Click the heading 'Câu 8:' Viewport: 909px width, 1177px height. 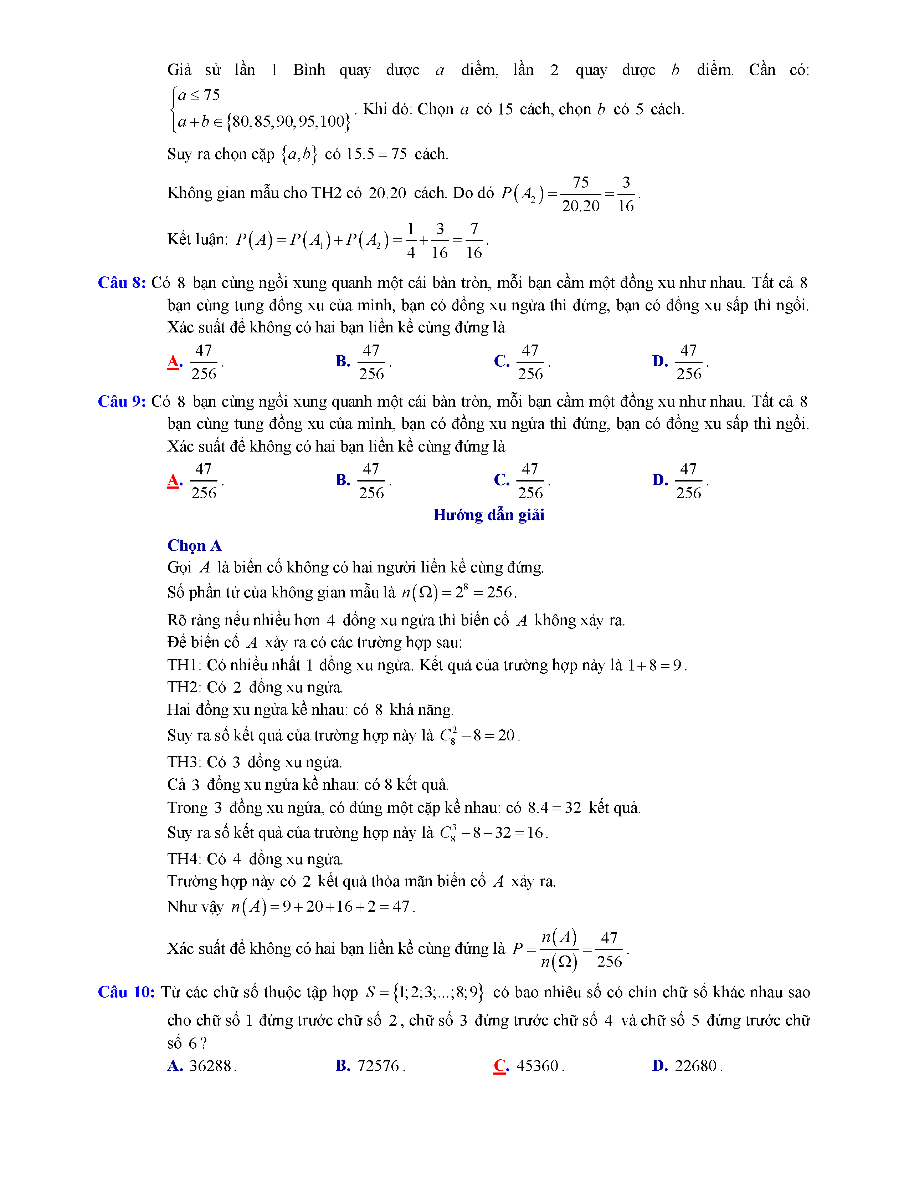[x=122, y=283]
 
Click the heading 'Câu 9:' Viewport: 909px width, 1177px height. [x=122, y=402]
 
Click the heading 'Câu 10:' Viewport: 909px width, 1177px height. [x=126, y=992]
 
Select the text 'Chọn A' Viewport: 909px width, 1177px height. [x=194, y=545]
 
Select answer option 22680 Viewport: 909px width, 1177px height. [x=696, y=1065]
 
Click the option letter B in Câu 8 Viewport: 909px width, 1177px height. [x=343, y=361]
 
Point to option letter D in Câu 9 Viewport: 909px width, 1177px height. [x=660, y=480]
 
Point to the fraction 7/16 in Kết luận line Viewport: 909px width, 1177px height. [x=474, y=240]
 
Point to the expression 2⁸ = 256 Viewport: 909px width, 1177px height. [x=485, y=592]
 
